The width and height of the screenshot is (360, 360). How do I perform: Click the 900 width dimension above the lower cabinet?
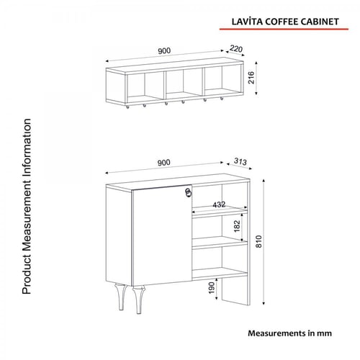coord(164,162)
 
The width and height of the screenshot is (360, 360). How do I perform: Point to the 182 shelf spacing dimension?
coord(236,227)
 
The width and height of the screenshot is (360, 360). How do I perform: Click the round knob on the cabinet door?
coord(189,192)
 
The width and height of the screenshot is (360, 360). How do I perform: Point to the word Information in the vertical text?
coord(28,144)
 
